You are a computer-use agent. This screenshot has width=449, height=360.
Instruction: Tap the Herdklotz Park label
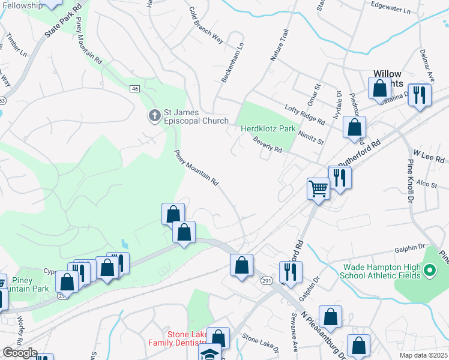coord(268,128)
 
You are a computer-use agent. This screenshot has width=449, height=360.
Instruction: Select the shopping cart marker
coord(318,188)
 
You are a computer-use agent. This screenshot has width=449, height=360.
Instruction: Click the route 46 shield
coord(134,89)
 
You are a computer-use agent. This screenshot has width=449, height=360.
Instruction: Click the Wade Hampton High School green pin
coord(429,271)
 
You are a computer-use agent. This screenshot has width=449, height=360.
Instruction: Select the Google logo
coord(20,353)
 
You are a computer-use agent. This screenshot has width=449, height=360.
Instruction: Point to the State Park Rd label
coord(64,24)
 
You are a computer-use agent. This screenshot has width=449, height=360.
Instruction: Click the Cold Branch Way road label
coord(205,25)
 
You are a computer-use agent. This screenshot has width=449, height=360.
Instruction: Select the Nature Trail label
coord(280,46)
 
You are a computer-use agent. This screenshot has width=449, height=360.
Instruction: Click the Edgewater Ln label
coord(390,11)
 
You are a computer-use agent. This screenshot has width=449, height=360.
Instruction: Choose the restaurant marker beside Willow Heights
coord(420,95)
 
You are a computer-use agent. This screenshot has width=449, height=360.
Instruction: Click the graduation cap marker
coord(210,353)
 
